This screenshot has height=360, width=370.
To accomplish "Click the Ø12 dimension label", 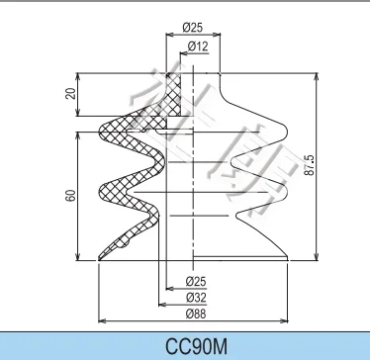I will pyautogui.click(x=195, y=46).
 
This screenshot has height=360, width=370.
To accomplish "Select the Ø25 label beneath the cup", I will pyautogui.click(x=196, y=281).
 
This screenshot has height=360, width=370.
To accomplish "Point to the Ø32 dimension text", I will pyautogui.click(x=196, y=296).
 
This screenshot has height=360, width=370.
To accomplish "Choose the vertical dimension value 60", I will pyautogui.click(x=70, y=195).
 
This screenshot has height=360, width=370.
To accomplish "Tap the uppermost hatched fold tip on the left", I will pyautogui.click(x=104, y=129).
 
